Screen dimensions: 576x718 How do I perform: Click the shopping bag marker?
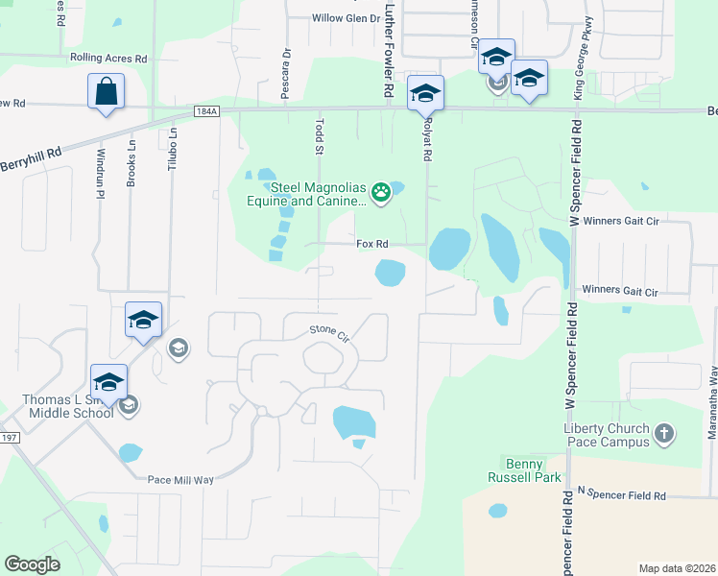coord(107,93)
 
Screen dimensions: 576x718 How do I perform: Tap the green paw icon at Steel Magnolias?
coord(381,191)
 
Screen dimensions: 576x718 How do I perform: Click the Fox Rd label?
coord(371,244)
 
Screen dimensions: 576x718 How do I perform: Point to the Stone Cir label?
coord(328,333)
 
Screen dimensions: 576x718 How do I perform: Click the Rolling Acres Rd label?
coord(108,58)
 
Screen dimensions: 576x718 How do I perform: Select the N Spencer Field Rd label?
coord(622,495)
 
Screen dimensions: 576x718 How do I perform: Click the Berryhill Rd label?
coord(31,159)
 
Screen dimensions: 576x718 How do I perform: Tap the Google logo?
coord(33,564)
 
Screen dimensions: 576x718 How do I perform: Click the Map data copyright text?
coord(677,568)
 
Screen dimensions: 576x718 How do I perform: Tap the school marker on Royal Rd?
coord(425,94)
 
